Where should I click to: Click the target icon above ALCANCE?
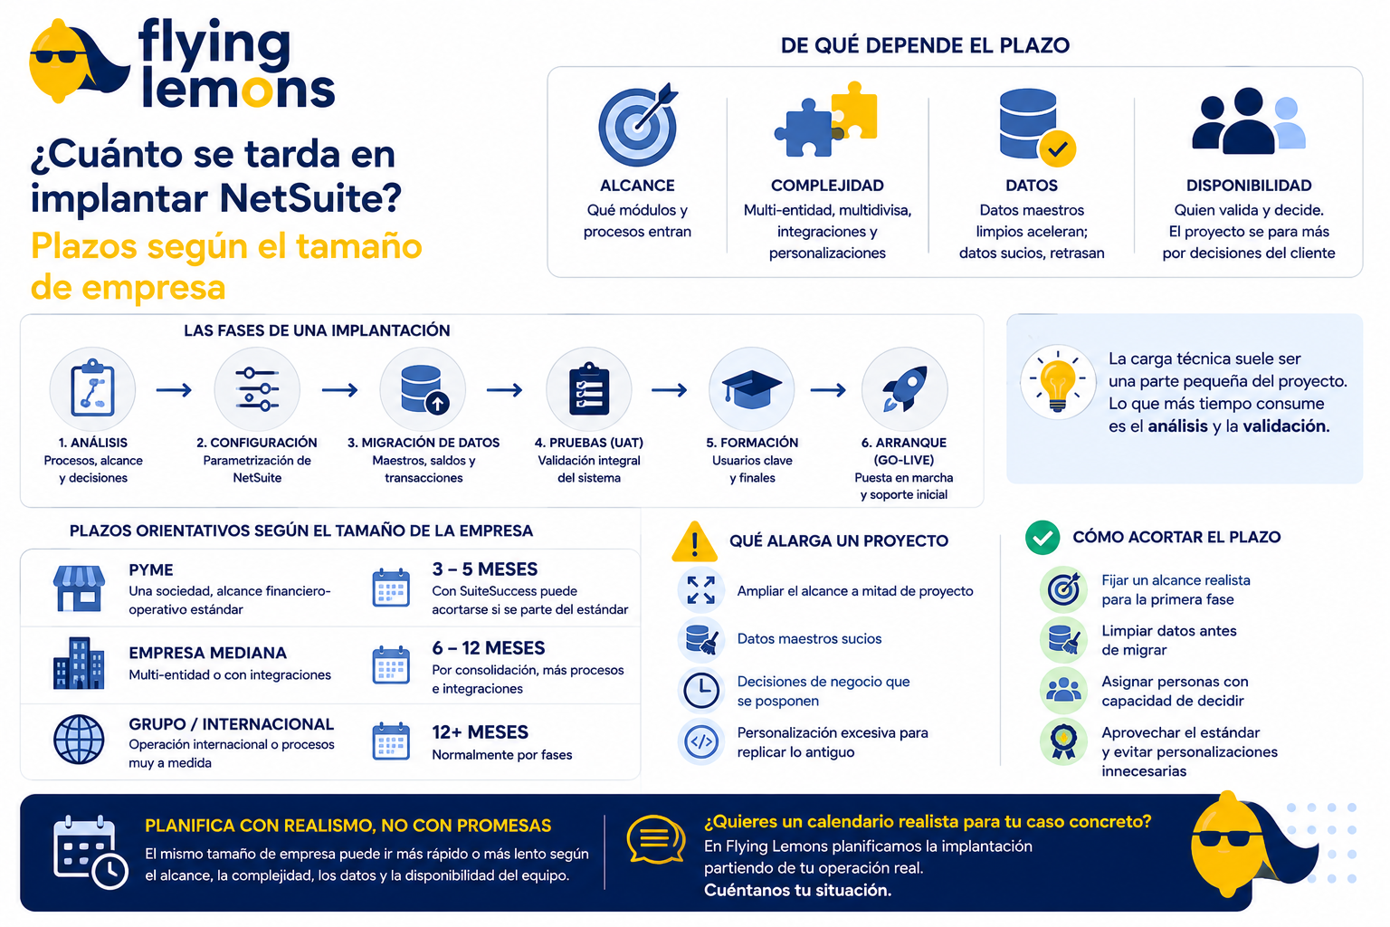638,125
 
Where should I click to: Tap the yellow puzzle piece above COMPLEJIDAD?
855,110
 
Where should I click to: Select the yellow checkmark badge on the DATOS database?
1057,148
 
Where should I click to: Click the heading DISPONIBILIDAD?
1249,185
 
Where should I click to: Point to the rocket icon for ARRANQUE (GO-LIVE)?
905,388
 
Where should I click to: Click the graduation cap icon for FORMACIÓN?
751,388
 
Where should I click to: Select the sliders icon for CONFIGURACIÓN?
257,389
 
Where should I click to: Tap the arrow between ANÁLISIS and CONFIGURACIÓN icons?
174,390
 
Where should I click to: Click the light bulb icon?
1058,381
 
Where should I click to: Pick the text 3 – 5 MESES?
485,569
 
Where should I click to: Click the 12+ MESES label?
480,732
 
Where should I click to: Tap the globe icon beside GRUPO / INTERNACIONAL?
79,739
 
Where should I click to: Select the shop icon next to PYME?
79,588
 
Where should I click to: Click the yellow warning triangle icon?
694,542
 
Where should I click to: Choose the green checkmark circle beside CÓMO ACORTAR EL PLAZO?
1042,537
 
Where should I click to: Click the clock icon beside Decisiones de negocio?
701,690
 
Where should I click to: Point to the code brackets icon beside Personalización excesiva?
701,741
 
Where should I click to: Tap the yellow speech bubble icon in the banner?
656,839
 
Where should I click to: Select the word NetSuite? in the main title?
311,198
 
